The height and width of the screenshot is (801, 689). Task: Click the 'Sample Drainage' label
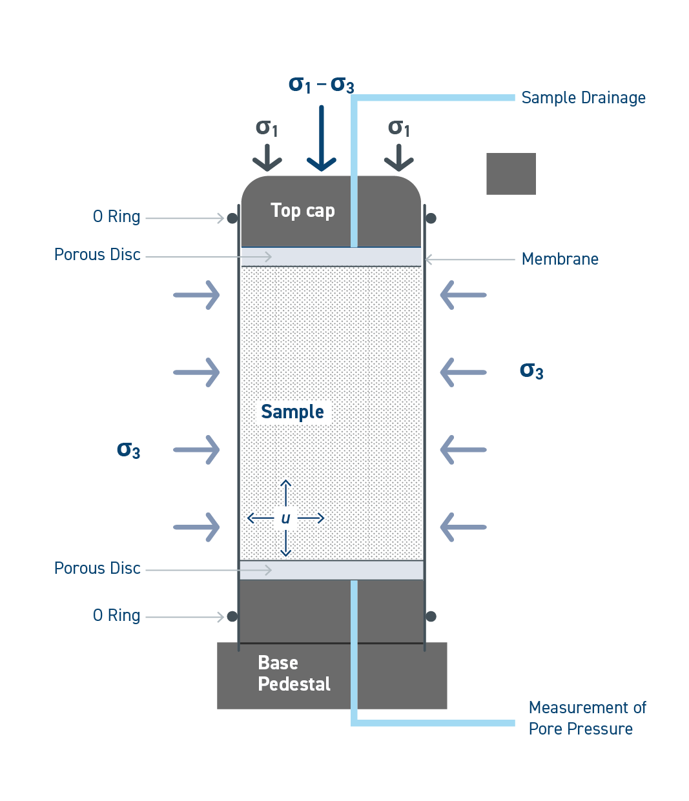click(x=583, y=98)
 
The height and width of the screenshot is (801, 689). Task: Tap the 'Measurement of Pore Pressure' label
click(x=586, y=718)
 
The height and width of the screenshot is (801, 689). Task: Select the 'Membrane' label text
click(x=560, y=259)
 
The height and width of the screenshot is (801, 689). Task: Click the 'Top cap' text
click(x=302, y=211)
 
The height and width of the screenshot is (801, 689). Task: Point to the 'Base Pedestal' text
click(x=294, y=673)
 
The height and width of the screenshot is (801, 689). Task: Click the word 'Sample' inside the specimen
click(x=293, y=412)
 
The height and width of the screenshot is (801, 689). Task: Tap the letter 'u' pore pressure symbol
click(x=285, y=518)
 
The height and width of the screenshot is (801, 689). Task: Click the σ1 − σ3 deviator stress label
click(x=321, y=85)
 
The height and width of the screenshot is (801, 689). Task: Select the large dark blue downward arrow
click(x=321, y=139)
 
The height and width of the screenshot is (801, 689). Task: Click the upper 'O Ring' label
click(x=116, y=217)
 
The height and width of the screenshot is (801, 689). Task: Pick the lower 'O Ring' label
click(x=116, y=616)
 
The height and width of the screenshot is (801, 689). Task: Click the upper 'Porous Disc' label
click(x=97, y=255)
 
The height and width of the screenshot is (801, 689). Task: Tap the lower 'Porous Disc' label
click(x=97, y=569)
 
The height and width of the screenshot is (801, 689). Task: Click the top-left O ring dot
click(x=232, y=218)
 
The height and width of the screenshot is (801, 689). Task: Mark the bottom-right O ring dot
click(x=431, y=616)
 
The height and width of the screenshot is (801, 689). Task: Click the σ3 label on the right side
click(x=531, y=371)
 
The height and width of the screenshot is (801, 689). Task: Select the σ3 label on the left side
click(x=129, y=450)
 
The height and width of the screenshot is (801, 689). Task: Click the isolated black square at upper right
click(x=511, y=174)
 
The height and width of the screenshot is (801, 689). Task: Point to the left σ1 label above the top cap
click(x=267, y=128)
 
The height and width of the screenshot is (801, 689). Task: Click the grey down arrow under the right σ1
click(x=399, y=157)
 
